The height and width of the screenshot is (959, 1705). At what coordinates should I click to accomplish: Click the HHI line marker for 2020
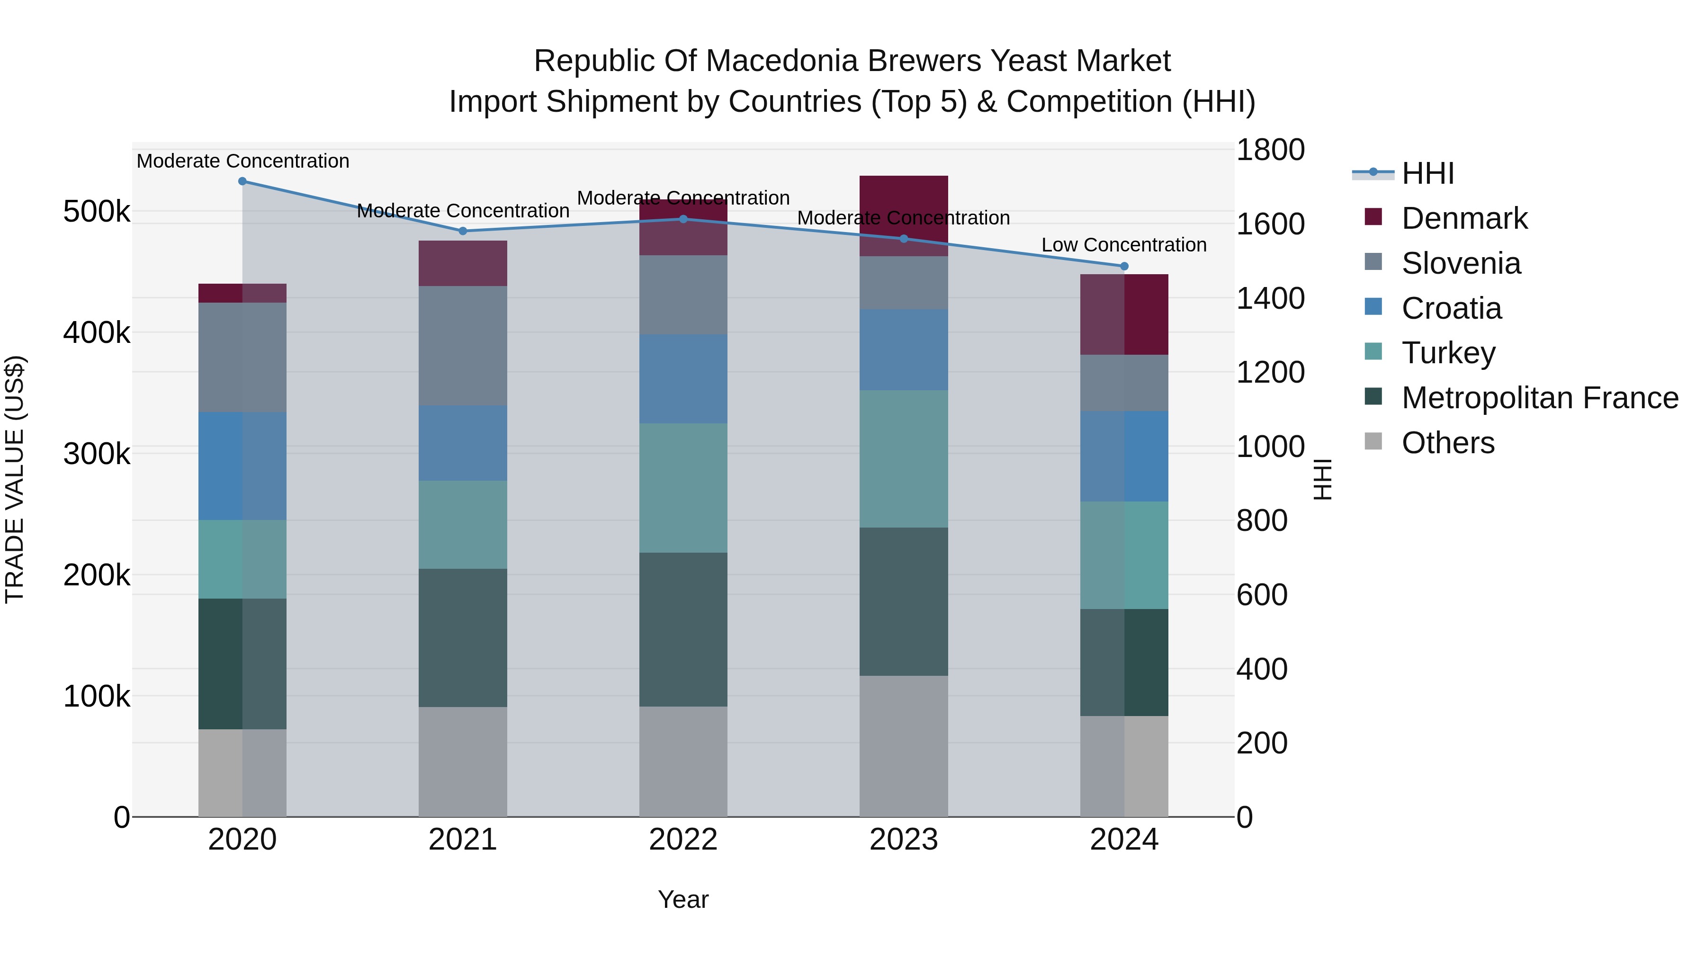click(242, 181)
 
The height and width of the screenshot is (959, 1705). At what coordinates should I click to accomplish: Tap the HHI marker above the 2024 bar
click(1124, 266)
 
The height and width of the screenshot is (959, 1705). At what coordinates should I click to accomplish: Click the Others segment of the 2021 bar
click(463, 761)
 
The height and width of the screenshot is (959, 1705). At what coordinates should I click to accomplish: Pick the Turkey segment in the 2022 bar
click(683, 488)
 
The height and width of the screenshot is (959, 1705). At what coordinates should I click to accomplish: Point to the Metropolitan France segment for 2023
click(904, 601)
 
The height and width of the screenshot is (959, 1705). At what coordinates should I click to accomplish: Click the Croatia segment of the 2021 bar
click(463, 443)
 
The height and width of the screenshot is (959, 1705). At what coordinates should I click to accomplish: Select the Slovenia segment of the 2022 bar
click(683, 295)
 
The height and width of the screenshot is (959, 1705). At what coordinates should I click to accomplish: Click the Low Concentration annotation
click(1124, 245)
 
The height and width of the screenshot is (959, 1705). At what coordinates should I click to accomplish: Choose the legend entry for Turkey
click(1448, 353)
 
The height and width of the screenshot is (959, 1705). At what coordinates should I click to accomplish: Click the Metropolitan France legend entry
click(1540, 398)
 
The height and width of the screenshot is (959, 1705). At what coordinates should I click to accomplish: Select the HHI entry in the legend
click(1427, 173)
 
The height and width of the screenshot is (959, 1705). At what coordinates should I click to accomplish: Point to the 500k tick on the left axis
click(97, 212)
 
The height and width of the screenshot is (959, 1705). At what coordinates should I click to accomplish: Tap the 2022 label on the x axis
click(683, 840)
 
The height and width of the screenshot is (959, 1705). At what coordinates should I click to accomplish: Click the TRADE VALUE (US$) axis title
click(15, 479)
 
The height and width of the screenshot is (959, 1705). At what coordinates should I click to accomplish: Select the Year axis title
click(683, 899)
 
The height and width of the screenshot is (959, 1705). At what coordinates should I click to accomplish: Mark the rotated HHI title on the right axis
click(1322, 479)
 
